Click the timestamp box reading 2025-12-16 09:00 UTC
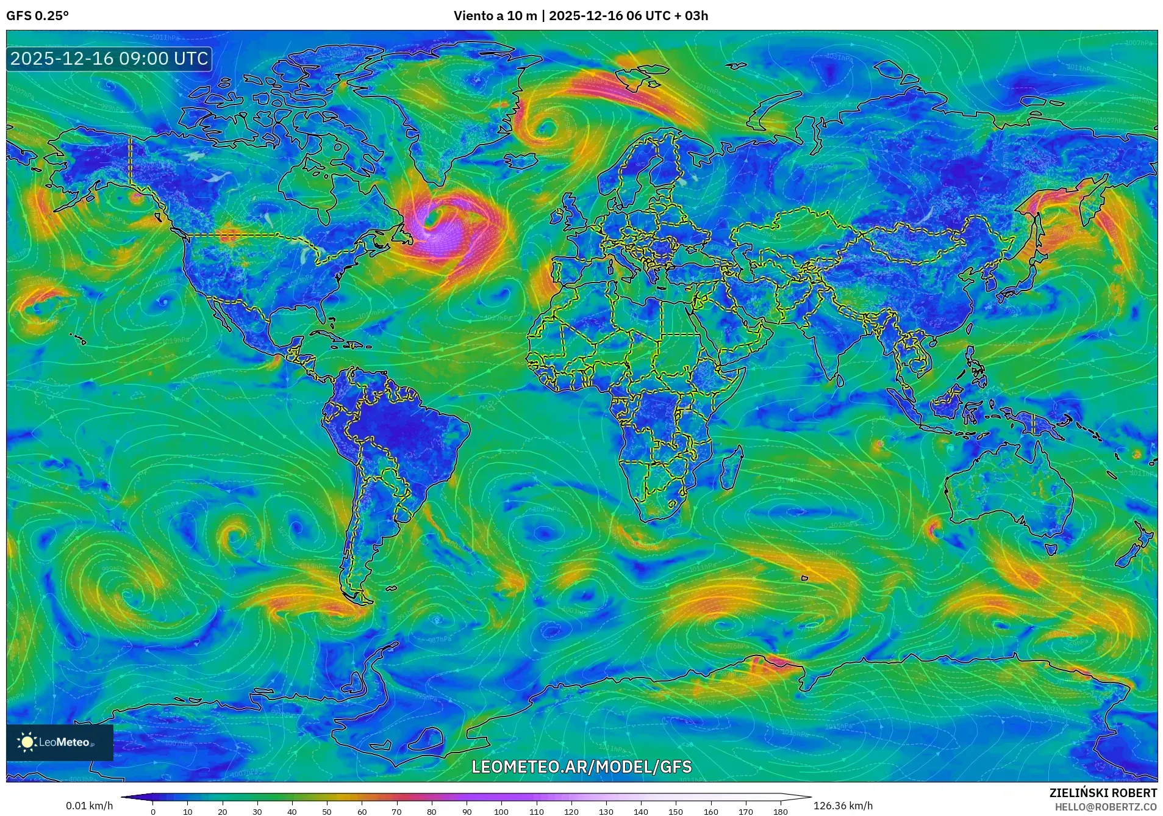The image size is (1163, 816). pyautogui.click(x=109, y=59)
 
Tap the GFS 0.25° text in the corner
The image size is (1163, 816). pyautogui.click(x=37, y=16)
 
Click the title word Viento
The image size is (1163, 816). pyautogui.click(x=474, y=16)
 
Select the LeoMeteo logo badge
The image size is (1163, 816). pyautogui.click(x=60, y=742)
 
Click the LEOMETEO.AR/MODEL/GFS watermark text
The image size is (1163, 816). pyautogui.click(x=582, y=767)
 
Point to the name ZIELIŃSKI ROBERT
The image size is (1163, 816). pyautogui.click(x=1103, y=793)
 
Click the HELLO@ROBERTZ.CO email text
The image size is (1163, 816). pyautogui.click(x=1106, y=807)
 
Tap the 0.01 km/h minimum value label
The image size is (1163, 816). pyautogui.click(x=89, y=806)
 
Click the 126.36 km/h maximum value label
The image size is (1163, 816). pyautogui.click(x=843, y=806)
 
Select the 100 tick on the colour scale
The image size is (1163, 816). pyautogui.click(x=501, y=812)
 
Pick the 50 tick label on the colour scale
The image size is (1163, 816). pyautogui.click(x=327, y=812)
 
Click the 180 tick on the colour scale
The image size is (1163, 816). pyautogui.click(x=780, y=812)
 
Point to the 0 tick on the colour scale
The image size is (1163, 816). pyautogui.click(x=153, y=812)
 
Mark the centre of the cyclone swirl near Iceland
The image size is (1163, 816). pyautogui.click(x=545, y=129)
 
